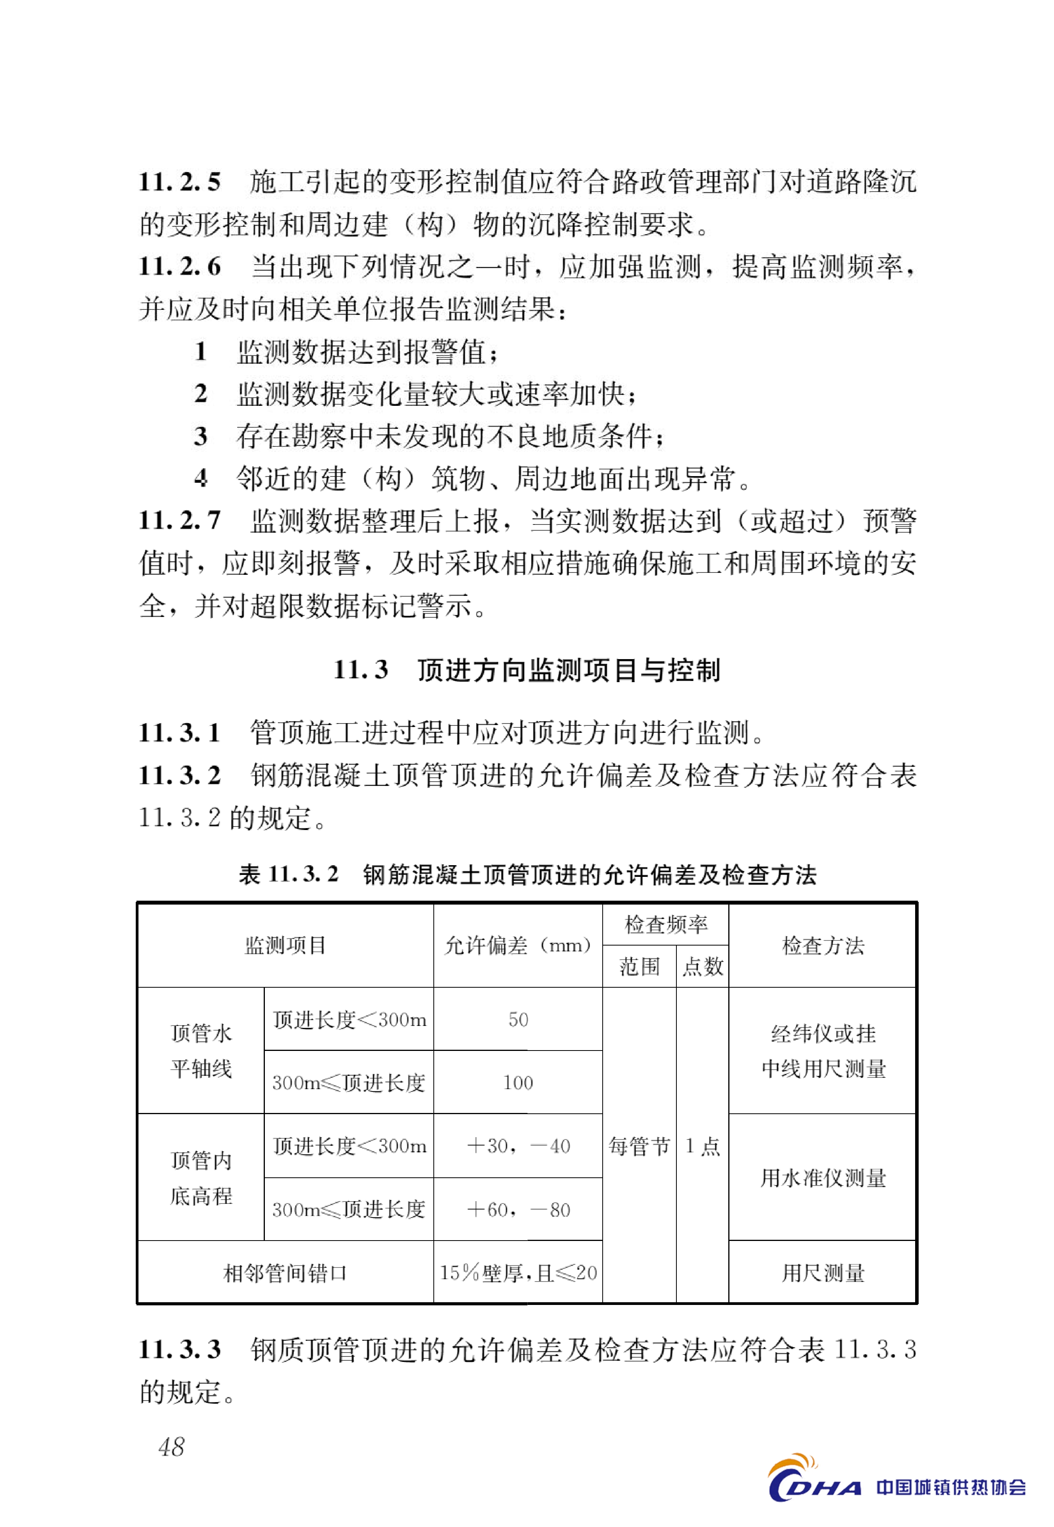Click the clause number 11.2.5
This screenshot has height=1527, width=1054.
coord(179,181)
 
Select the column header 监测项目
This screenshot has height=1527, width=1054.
coord(285,945)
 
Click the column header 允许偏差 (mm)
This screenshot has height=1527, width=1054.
coord(518,945)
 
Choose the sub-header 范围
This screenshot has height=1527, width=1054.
coord(639,966)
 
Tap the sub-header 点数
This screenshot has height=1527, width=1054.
coord(703,966)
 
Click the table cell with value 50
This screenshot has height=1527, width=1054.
coord(518,1019)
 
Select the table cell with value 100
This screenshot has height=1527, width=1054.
coord(518,1083)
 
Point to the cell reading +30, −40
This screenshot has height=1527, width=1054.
coord(518,1146)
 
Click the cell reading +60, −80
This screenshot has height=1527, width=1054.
coord(518,1209)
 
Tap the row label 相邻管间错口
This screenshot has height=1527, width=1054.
coord(285,1273)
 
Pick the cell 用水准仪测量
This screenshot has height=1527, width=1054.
coord(823,1178)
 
